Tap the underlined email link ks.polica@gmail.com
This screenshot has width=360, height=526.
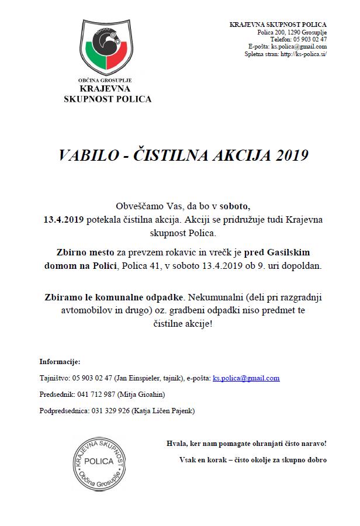pos(246,378)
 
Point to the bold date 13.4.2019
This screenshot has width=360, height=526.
pos(64,220)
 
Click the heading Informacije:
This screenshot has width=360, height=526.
pos(60,362)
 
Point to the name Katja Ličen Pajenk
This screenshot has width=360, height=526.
pos(165,411)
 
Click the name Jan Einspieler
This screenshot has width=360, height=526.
pos(140,378)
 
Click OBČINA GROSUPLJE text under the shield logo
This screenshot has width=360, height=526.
pos(107,80)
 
